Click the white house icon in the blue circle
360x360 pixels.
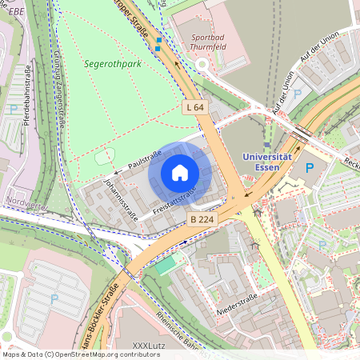(x=180, y=173)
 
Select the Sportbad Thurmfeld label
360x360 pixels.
(x=207, y=42)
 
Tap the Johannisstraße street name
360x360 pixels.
(x=120, y=199)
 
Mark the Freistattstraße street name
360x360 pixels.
(x=170, y=203)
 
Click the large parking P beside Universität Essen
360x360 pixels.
(x=310, y=169)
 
